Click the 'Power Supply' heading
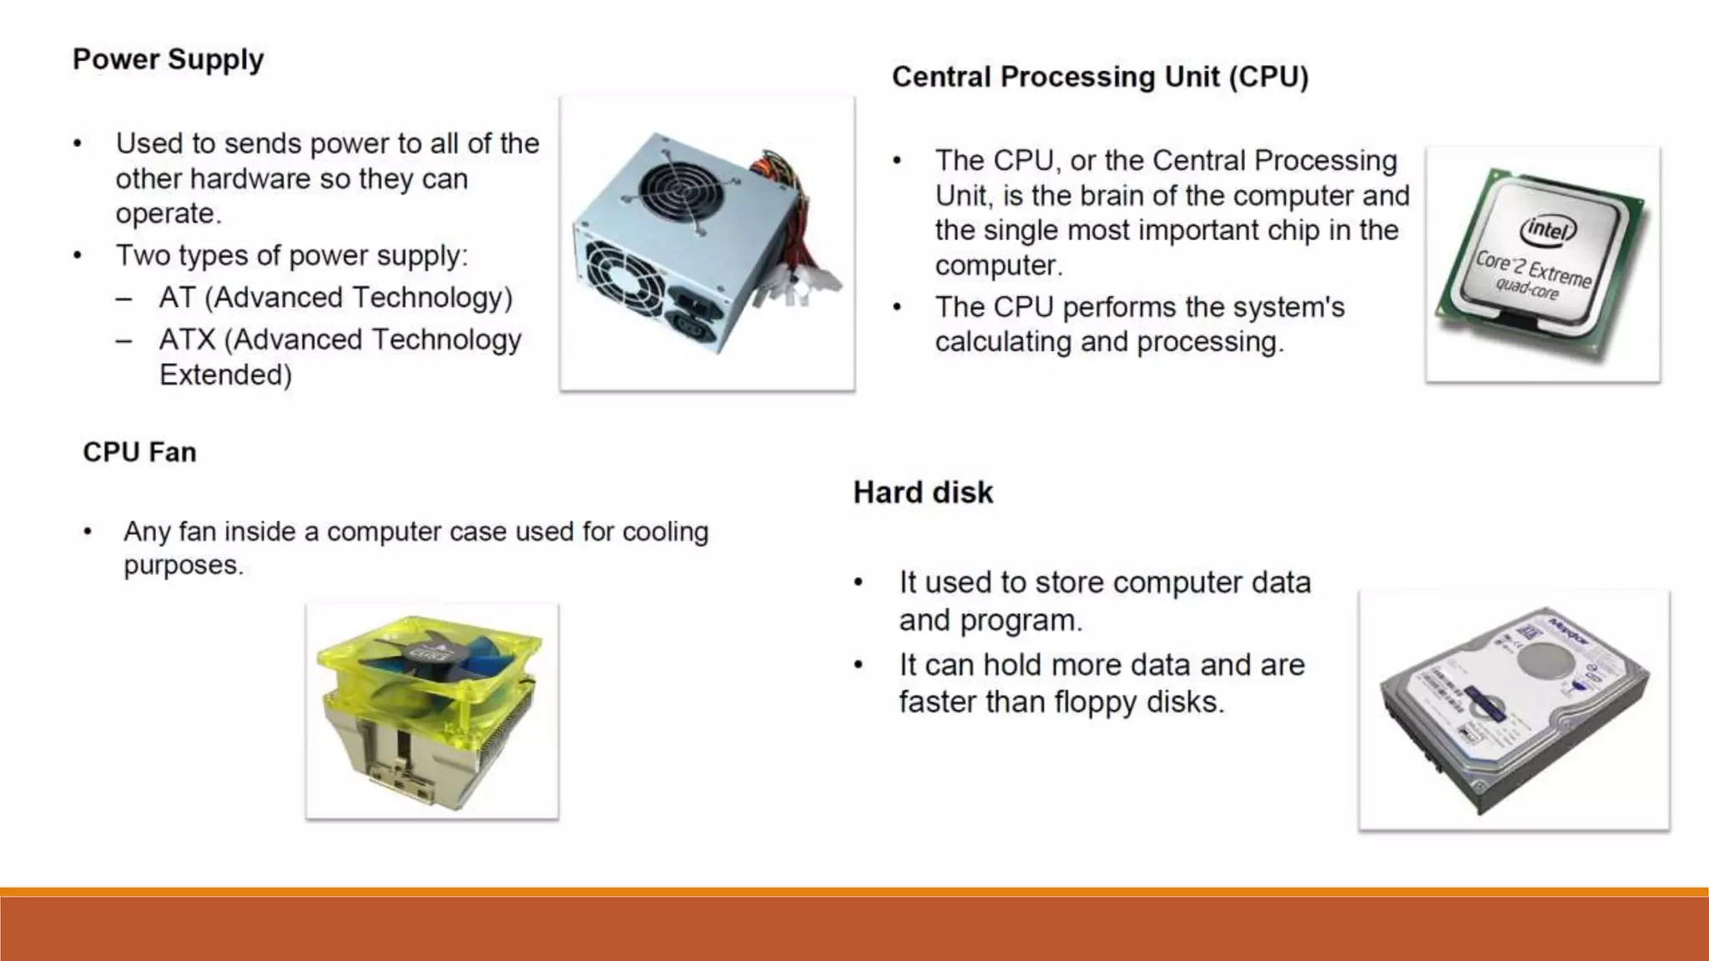click(168, 60)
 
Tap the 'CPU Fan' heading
click(139, 452)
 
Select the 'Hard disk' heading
click(923, 493)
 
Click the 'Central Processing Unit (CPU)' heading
click(1100, 77)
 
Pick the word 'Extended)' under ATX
click(226, 375)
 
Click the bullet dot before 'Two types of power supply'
click(77, 256)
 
